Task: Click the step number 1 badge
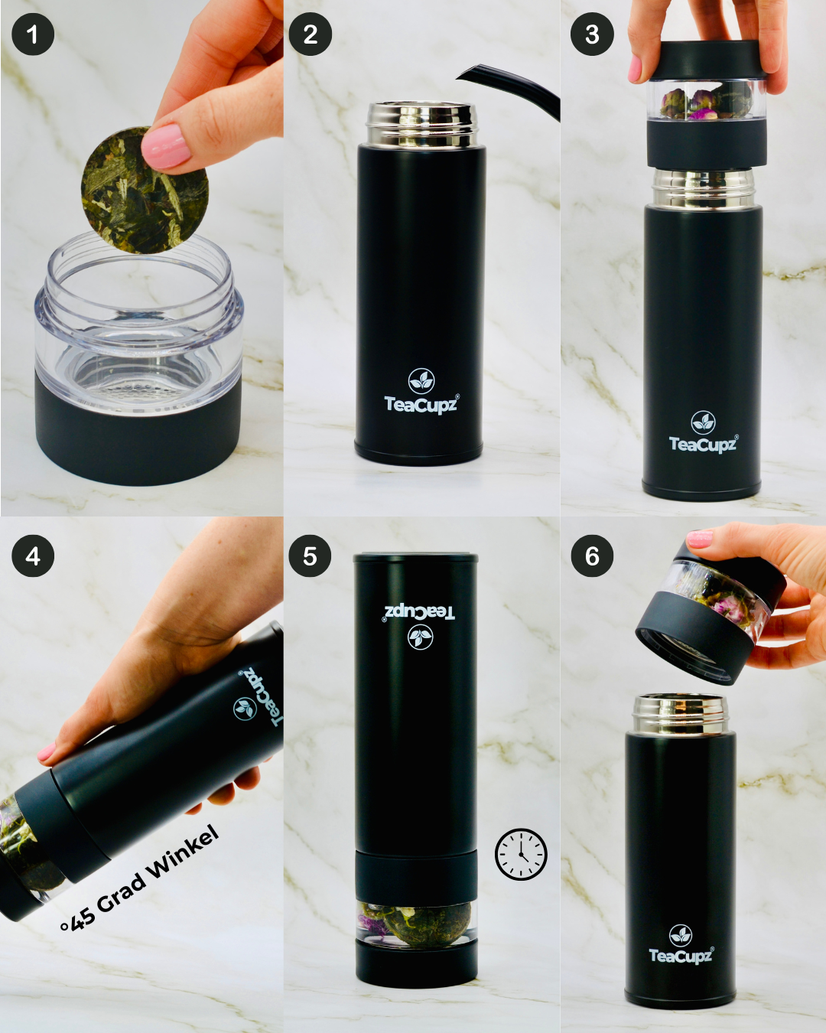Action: pos(33,34)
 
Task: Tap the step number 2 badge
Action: pos(310,34)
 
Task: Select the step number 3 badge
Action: pos(592,34)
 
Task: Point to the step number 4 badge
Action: pos(33,556)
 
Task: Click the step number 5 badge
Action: pos(310,556)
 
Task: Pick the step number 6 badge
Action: pos(592,556)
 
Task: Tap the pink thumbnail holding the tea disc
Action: pos(167,145)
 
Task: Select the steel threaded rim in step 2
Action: pos(421,124)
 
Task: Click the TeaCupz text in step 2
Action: pos(421,404)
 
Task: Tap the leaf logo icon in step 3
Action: pos(703,422)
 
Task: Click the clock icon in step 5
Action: pos(521,854)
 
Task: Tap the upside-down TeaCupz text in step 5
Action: pos(419,611)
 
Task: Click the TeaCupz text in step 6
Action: pos(681,955)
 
